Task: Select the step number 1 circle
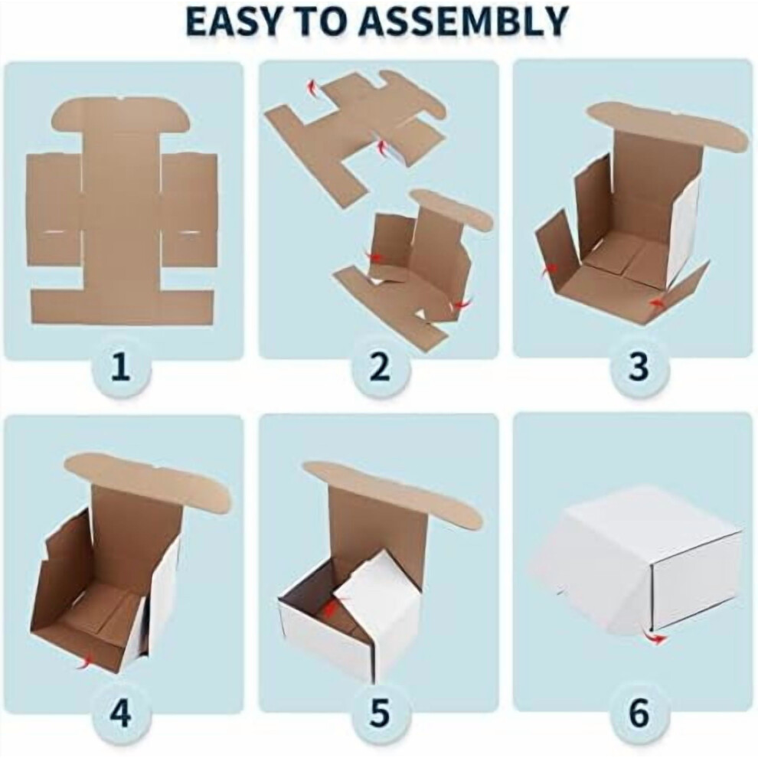click(121, 367)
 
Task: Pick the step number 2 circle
click(381, 367)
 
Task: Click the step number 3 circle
click(639, 367)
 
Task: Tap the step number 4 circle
click(121, 712)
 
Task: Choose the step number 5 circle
click(381, 712)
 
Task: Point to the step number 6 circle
click(639, 712)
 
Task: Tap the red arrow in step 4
click(85, 662)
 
